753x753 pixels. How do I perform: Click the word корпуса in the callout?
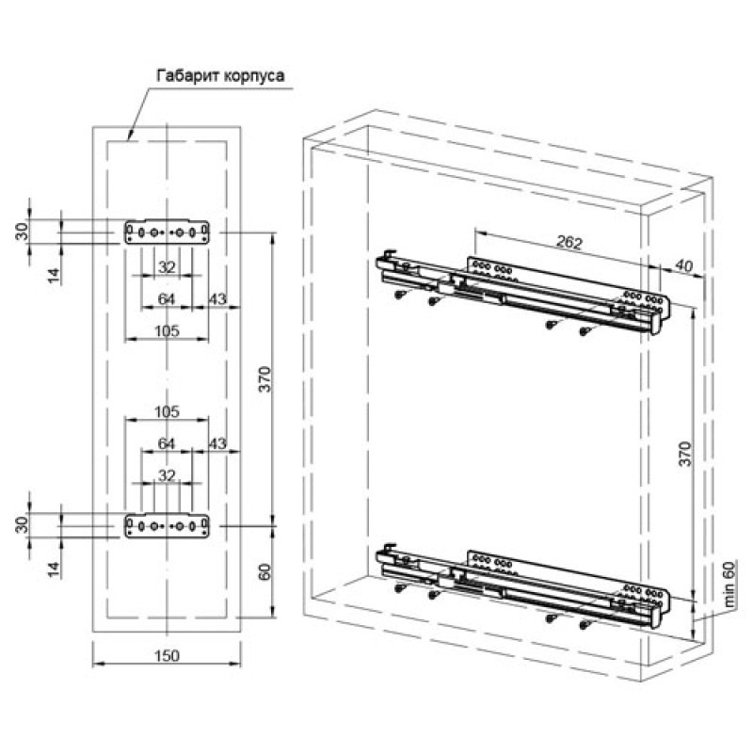pyautogui.click(x=252, y=76)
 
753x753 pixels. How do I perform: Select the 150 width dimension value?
pyautogui.click(x=167, y=655)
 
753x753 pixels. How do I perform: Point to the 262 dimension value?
pyautogui.click(x=569, y=242)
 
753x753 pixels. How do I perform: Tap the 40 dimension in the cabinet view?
pyautogui.click(x=683, y=265)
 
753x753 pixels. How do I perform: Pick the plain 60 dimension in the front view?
pyautogui.click(x=264, y=571)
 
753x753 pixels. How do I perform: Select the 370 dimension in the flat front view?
pyautogui.click(x=265, y=379)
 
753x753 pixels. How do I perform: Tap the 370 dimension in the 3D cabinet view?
pyautogui.click(x=685, y=454)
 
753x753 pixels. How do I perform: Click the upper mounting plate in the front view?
pyautogui.click(x=167, y=232)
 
